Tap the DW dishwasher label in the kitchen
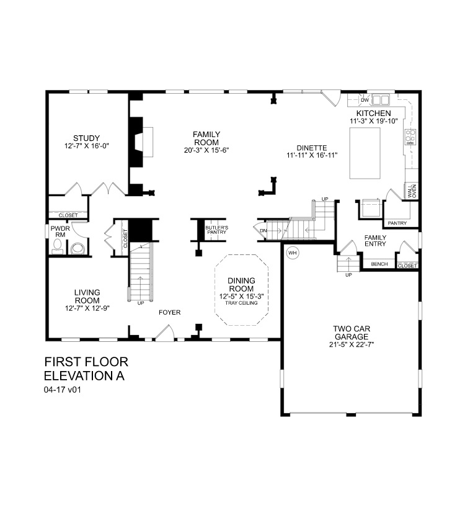(365, 99)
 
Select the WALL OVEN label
(411, 191)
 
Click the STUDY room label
(86, 138)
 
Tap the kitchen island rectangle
(371, 151)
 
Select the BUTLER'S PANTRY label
(216, 230)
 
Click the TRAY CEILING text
(242, 302)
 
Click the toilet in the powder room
(77, 249)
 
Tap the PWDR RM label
(59, 231)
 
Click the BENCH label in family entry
(379, 264)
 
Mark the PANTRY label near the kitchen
(396, 222)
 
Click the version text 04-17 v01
(63, 391)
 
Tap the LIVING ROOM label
(87, 295)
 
